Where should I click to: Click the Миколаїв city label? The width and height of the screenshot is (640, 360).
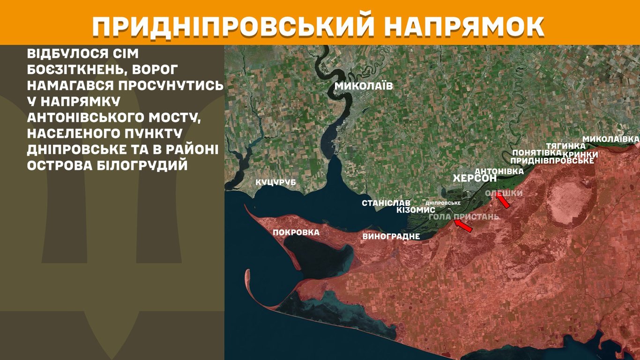(363, 86)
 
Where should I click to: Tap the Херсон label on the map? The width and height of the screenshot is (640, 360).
(475, 179)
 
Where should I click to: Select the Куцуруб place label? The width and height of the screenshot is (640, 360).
(275, 182)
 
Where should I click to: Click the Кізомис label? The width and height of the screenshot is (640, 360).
(416, 210)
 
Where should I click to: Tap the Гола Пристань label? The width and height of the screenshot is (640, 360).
(464, 217)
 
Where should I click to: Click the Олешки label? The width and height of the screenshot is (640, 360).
(503, 193)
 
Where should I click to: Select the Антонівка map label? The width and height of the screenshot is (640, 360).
(499, 172)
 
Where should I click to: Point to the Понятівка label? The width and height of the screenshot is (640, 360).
(537, 153)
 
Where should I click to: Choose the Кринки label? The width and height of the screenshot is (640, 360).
(580, 154)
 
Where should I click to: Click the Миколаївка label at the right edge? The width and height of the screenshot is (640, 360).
(610, 139)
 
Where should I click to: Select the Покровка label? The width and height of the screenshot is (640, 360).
(296, 232)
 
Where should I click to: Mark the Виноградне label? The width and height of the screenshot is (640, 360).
(391, 236)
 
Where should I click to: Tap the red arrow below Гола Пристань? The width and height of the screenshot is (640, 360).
(463, 225)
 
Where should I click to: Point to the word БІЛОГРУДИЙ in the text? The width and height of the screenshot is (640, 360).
(141, 165)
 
